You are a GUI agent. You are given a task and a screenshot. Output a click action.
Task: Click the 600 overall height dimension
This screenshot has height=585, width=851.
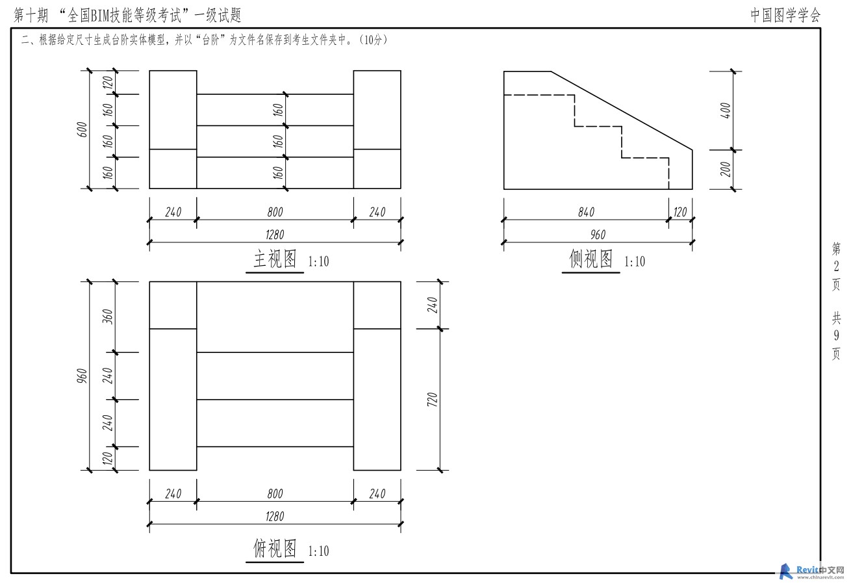83,129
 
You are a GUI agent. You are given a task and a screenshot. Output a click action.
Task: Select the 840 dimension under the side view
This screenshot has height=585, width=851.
586,212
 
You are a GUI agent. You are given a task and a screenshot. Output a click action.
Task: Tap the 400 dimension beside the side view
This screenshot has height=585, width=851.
725,110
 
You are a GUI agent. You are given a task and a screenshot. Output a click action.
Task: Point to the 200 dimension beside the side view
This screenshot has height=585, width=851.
725,169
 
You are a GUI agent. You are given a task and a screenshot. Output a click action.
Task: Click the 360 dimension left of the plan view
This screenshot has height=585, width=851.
108,317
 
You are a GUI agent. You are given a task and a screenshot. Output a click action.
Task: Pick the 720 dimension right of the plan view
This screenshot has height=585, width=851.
433,400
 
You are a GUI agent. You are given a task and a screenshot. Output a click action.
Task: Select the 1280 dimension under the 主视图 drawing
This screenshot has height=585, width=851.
275,235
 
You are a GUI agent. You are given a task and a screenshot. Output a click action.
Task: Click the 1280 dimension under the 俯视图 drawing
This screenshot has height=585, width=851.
275,516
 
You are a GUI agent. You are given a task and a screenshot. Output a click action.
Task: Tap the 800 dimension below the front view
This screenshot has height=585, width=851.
275,212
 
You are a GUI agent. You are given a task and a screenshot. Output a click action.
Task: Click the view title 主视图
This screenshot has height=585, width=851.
275,259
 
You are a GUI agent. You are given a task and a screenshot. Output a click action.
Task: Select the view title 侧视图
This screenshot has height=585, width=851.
591,259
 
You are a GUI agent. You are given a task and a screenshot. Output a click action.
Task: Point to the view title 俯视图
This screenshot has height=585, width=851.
275,548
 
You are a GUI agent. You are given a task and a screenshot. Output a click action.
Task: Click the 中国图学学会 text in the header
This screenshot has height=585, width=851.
785,15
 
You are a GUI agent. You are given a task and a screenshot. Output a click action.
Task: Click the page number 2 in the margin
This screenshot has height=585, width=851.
836,266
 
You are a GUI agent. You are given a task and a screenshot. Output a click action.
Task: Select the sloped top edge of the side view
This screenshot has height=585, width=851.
622,110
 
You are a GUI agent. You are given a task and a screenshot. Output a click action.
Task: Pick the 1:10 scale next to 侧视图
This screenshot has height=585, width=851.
635,261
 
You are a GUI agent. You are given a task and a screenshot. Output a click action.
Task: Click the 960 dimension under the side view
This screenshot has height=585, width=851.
598,235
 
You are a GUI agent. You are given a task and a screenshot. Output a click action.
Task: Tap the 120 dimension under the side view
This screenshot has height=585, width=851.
680,212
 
